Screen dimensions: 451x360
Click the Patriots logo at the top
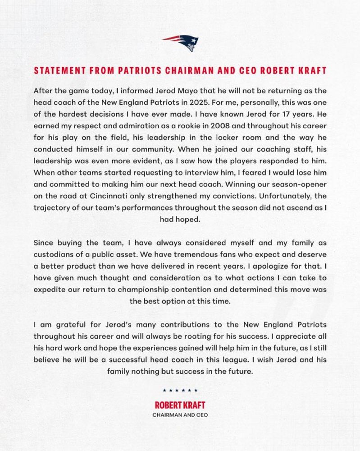[x=181, y=42]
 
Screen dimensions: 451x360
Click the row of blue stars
[x=180, y=391]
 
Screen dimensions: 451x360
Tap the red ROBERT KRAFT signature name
[x=180, y=405]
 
